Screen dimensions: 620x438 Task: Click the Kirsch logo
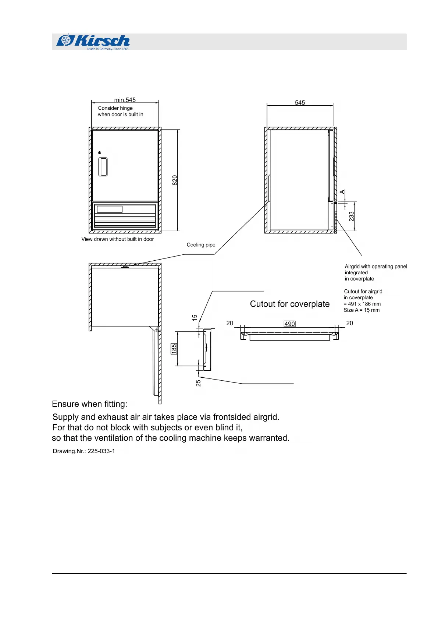93,41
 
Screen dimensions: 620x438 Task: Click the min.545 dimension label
125,100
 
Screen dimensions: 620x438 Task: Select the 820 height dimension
175,180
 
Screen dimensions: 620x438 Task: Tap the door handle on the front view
103,167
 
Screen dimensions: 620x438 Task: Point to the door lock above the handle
100,152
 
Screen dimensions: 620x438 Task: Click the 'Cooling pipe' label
201,245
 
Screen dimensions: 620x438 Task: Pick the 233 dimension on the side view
352,216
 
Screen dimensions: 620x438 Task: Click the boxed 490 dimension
289,324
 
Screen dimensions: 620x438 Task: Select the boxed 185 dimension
174,348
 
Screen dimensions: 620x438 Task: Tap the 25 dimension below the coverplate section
198,383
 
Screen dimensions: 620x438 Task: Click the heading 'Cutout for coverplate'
289,304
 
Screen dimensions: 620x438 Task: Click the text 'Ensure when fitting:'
90,404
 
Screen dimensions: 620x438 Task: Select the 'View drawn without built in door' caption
118,239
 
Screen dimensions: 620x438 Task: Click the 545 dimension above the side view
300,103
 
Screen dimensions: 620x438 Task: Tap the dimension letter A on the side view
342,192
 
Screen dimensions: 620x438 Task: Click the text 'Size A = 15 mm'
362,310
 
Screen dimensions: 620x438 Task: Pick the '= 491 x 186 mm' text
362,304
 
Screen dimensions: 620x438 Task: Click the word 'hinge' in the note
126,108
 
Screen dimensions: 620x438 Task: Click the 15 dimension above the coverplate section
195,317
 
